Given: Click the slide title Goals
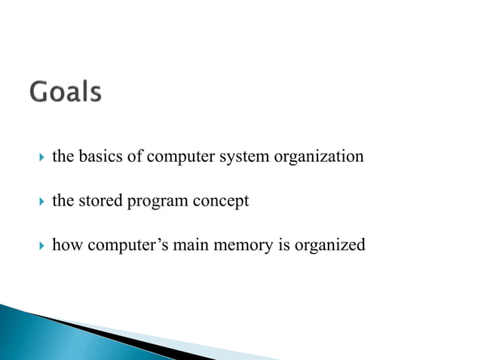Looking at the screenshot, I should [66, 93].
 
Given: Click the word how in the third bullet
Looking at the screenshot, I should [63, 246].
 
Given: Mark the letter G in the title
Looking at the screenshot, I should [39, 93].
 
